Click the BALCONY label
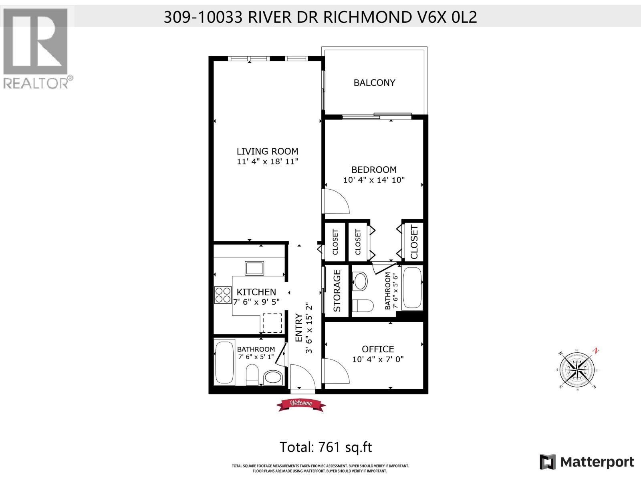(374, 83)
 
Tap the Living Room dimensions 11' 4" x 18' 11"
(267, 162)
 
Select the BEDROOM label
(374, 170)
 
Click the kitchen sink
(254, 268)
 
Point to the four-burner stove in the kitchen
(223, 295)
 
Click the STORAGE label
(337, 291)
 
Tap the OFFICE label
(378, 349)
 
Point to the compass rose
(578, 368)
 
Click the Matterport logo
(587, 462)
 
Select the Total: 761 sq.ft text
(325, 447)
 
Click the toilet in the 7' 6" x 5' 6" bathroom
(363, 305)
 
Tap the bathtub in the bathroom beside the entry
(224, 362)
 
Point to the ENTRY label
(299, 328)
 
